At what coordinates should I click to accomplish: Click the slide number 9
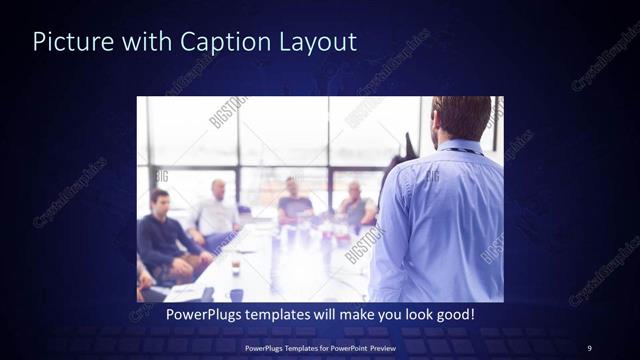point(589,347)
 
